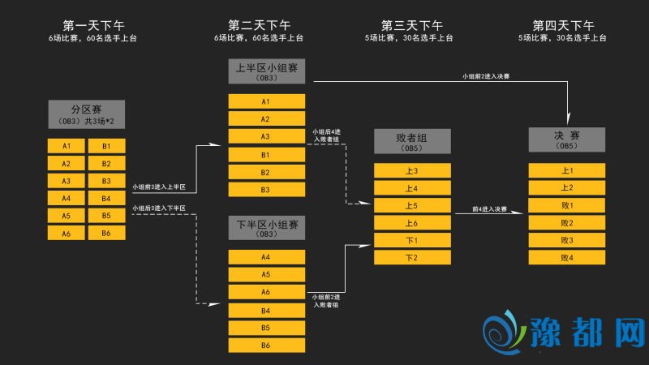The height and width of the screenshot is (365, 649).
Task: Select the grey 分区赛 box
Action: [x=86, y=113]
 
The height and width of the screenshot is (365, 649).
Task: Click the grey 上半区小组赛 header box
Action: [x=266, y=72]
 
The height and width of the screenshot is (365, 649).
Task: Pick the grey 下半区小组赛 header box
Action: [x=266, y=228]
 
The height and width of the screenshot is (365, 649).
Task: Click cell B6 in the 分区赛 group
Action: [x=106, y=233]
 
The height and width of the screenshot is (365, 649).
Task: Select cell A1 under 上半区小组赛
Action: [x=266, y=101]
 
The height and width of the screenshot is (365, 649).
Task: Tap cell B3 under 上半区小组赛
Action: [x=266, y=190]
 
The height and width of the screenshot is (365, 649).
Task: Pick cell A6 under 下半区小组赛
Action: [x=266, y=292]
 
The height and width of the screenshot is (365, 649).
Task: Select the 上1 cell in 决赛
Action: [x=566, y=170]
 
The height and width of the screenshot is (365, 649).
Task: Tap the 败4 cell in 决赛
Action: [x=566, y=258]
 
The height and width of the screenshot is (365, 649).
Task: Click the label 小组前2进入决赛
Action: [x=486, y=76]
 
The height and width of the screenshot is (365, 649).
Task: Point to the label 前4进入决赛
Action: [x=491, y=209]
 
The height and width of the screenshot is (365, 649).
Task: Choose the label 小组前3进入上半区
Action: [x=159, y=187]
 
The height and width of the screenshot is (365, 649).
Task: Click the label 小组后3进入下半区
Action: [x=159, y=208]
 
